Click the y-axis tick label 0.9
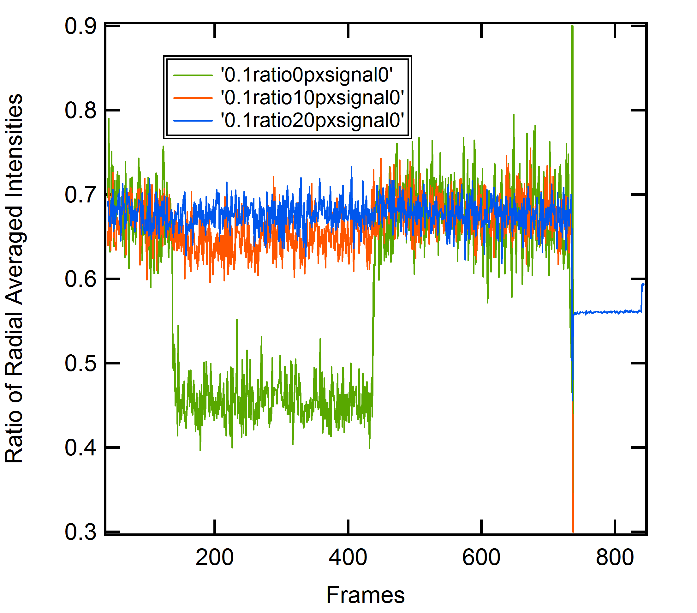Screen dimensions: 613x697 [80, 26]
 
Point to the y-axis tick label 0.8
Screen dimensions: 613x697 [80, 111]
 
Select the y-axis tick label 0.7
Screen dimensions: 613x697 [80, 195]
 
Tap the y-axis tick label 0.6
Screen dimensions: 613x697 [80, 279]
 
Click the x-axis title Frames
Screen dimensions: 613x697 [366, 595]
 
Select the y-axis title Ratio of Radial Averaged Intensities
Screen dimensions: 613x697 [14, 278]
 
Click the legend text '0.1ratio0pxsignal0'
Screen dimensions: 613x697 [307, 75]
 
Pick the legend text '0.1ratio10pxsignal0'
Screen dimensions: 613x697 [312, 98]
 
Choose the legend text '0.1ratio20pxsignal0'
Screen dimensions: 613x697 [312, 120]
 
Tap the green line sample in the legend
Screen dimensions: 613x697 [193, 75]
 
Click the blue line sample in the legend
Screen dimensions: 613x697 [193, 120]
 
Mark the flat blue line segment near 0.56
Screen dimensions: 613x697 [607, 312]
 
